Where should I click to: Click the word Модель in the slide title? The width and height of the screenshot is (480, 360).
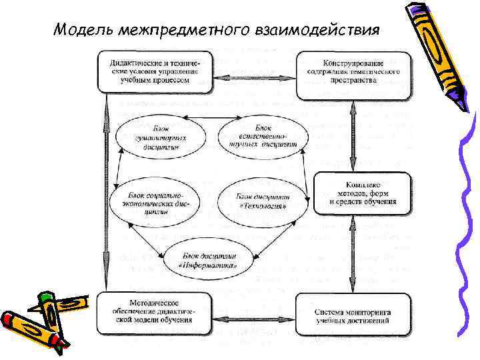tap(79, 30)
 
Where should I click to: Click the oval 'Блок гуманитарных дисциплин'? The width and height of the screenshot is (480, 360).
tap(160, 137)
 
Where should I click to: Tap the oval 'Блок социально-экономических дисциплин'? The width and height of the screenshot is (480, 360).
tap(161, 196)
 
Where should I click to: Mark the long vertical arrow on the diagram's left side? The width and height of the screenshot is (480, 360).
tap(105, 193)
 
